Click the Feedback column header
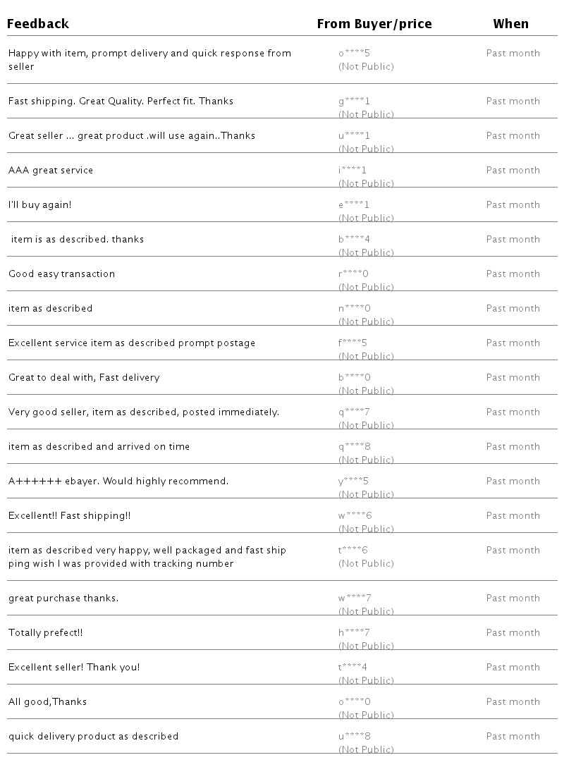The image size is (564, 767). (x=38, y=24)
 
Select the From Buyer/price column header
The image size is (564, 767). (x=374, y=24)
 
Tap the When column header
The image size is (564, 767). (x=510, y=24)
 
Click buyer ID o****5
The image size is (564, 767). (x=354, y=53)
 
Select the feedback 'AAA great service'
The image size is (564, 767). (x=51, y=170)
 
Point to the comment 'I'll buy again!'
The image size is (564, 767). (x=40, y=204)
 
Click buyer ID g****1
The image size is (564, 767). (x=354, y=101)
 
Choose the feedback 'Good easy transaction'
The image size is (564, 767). (x=61, y=274)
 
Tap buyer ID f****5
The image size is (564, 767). (x=354, y=343)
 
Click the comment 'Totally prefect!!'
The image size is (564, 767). (x=46, y=632)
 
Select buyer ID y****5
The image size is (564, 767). (x=354, y=481)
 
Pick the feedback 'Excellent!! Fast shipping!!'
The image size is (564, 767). (x=70, y=515)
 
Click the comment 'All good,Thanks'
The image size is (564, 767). (x=48, y=701)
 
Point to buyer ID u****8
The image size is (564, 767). (x=354, y=736)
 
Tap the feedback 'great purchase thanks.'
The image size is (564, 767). (x=63, y=598)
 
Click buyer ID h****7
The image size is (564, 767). (x=354, y=632)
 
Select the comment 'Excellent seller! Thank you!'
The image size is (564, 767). (x=74, y=667)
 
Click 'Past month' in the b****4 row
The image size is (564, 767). (x=513, y=239)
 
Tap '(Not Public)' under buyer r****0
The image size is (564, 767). (x=366, y=287)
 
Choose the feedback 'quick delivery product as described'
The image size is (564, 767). (x=93, y=736)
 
